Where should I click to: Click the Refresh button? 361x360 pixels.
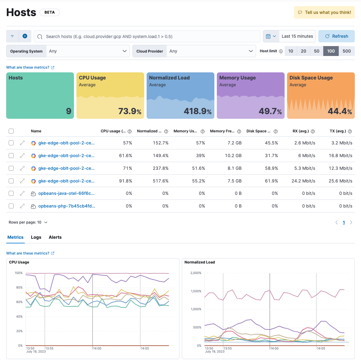coord(336,36)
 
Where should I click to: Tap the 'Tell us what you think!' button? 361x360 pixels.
coord(324,12)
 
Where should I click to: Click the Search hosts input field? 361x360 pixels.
coord(147,36)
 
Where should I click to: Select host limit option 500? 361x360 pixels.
coord(346,51)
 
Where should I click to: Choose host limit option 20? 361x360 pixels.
coord(303,51)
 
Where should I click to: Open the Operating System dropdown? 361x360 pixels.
coord(88,51)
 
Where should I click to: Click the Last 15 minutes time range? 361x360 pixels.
coord(297,36)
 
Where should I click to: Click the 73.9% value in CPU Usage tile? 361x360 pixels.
coord(130,111)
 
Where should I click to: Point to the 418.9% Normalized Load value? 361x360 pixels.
coord(197,111)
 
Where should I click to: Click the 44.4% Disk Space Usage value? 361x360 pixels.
coord(339,111)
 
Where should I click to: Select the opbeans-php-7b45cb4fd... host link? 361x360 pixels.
coord(67,206)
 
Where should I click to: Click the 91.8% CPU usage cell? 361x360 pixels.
coord(126,181)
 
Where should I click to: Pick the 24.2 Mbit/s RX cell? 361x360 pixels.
coord(303,181)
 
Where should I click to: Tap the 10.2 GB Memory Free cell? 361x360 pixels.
coord(233,156)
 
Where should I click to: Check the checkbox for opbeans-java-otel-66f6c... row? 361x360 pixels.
coord(11,193)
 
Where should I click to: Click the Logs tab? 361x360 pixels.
coord(36,237)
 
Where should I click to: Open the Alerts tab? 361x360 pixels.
coord(55,237)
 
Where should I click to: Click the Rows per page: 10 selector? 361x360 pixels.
coord(28,222)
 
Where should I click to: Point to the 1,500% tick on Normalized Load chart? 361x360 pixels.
coord(196,291)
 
